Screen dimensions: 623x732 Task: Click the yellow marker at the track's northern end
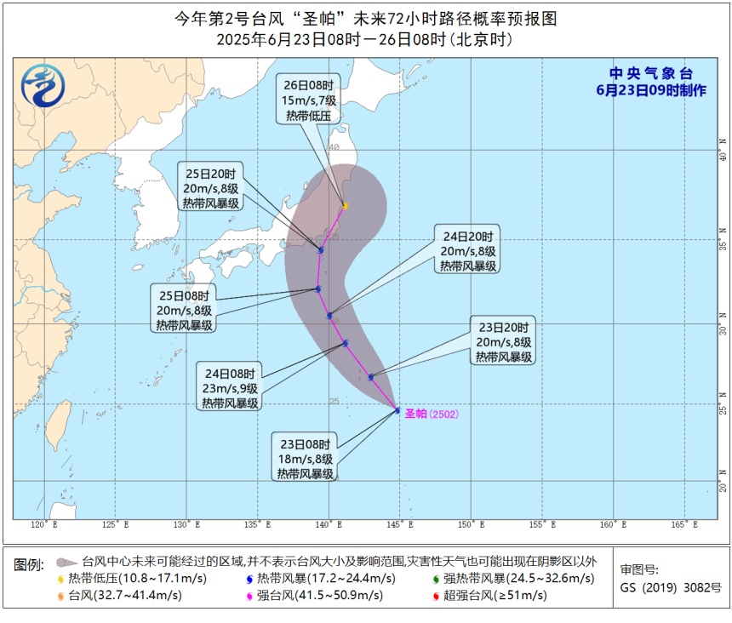346,206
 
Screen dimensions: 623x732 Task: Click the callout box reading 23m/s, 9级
231,387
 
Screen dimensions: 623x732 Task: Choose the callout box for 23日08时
306,458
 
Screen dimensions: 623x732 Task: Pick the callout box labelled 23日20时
503,342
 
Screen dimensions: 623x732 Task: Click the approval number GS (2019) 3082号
671,587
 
